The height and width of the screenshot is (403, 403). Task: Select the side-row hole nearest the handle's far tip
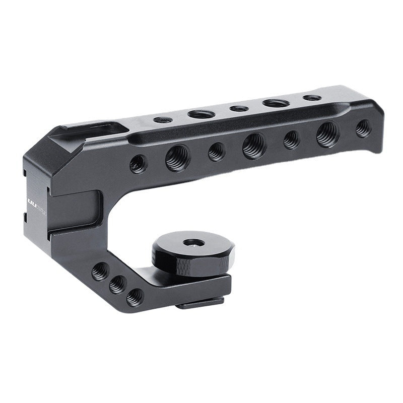click(x=362, y=126)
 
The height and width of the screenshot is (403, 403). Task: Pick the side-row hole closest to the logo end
click(x=138, y=164)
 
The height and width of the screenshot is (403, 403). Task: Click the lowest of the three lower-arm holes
click(x=133, y=298)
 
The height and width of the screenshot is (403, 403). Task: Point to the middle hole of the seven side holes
click(x=253, y=146)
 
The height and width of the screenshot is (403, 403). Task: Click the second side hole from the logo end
click(x=176, y=158)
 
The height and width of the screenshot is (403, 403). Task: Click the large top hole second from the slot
click(x=198, y=114)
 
